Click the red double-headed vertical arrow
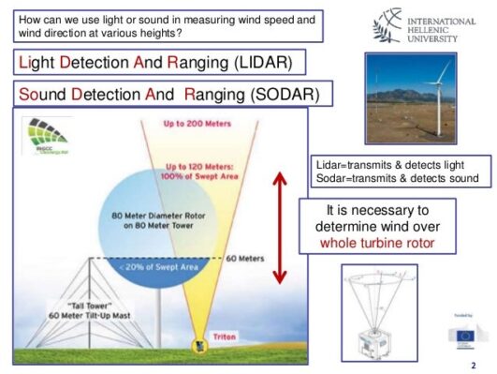click(279, 227)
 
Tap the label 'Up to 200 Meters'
click(198, 125)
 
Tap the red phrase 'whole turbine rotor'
click(377, 242)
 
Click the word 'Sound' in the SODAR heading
click(45, 95)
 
